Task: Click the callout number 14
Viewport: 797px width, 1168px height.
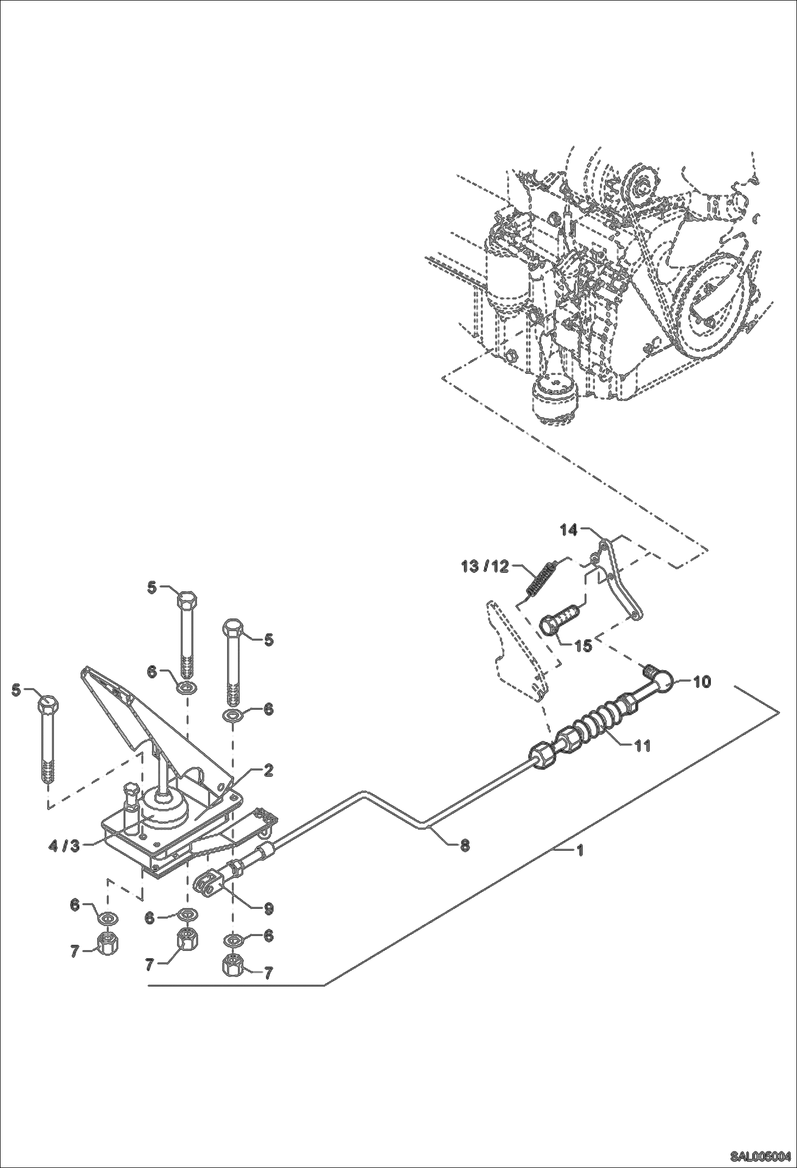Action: click(568, 530)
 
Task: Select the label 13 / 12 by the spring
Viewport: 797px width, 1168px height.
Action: click(485, 566)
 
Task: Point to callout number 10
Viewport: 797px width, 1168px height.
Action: click(702, 681)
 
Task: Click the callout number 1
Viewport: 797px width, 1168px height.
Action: click(580, 851)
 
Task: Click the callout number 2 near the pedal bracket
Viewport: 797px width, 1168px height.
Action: click(268, 770)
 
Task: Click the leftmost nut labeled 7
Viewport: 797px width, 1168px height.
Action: click(108, 943)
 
